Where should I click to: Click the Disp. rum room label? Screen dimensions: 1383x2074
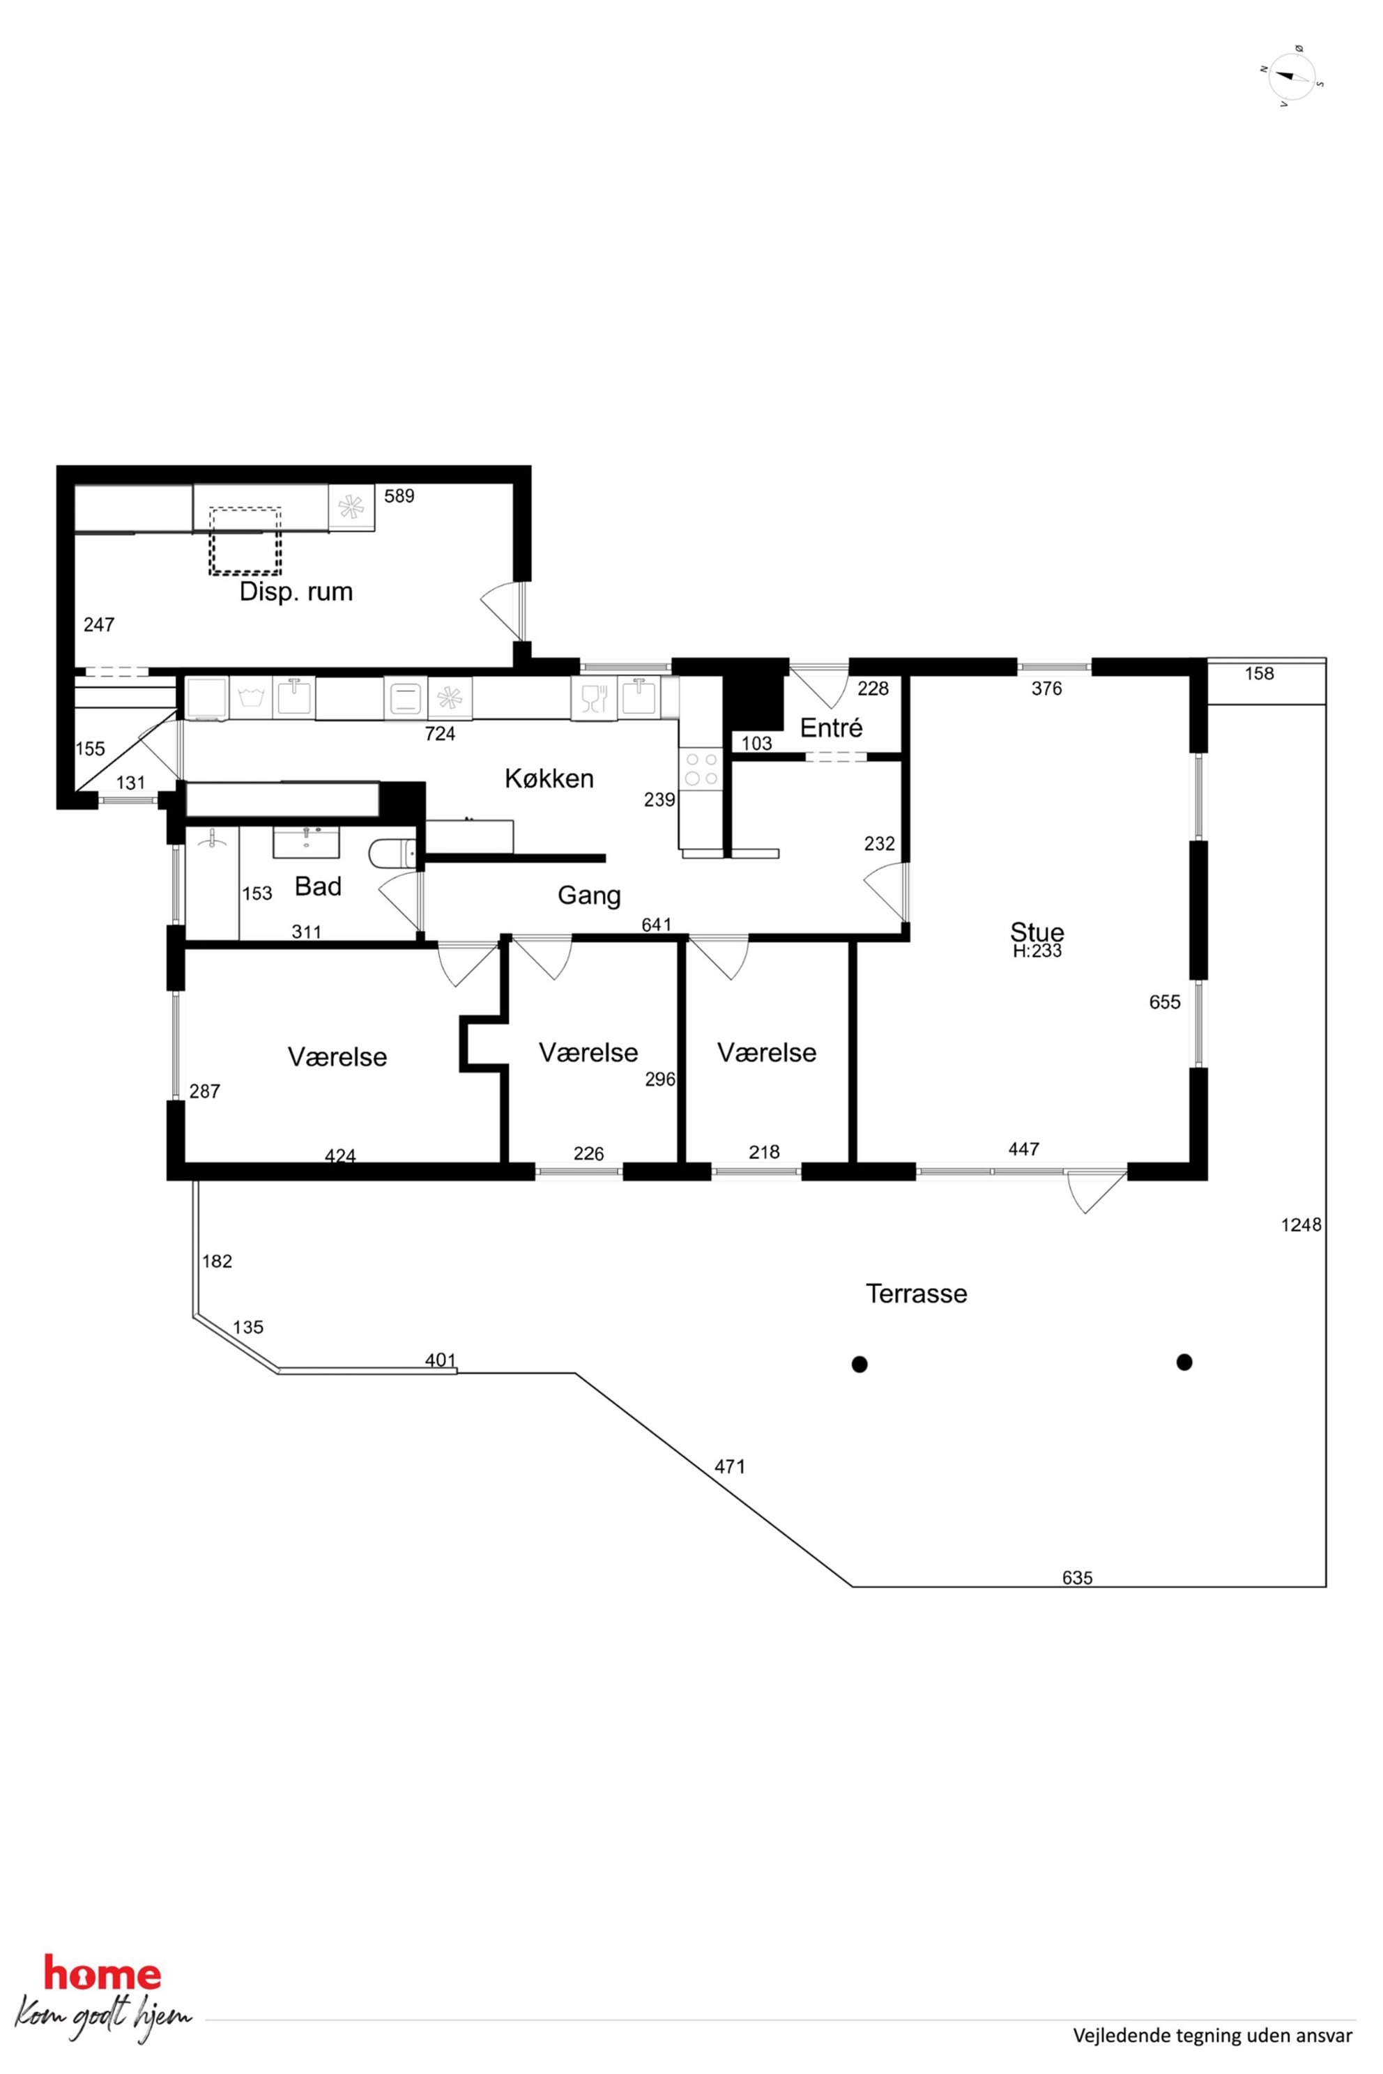pos(296,591)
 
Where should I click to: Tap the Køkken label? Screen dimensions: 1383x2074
pos(549,778)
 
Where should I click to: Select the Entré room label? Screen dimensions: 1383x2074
pos(831,728)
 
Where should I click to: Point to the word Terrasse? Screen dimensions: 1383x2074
pos(917,1293)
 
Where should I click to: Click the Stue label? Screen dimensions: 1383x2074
pos(1037,931)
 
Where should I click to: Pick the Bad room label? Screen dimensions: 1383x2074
pos(318,886)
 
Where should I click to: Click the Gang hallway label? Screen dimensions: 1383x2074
pos(589,896)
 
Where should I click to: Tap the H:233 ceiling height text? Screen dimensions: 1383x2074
pos(1037,951)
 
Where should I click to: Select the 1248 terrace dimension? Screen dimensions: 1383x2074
pos(1301,1225)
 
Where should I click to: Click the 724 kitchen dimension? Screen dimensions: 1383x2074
pos(440,734)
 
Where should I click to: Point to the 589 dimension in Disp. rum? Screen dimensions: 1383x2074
pos(399,496)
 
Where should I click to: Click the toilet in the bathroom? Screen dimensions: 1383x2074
pos(392,854)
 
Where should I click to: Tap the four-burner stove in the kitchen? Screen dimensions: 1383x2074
pos(701,768)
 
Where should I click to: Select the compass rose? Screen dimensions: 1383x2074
pos(1292,77)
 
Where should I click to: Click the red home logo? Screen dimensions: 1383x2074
pos(102,1974)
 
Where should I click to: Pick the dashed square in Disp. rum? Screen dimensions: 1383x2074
pos(244,541)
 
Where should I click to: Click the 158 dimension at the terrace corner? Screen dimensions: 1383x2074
pos(1259,674)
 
